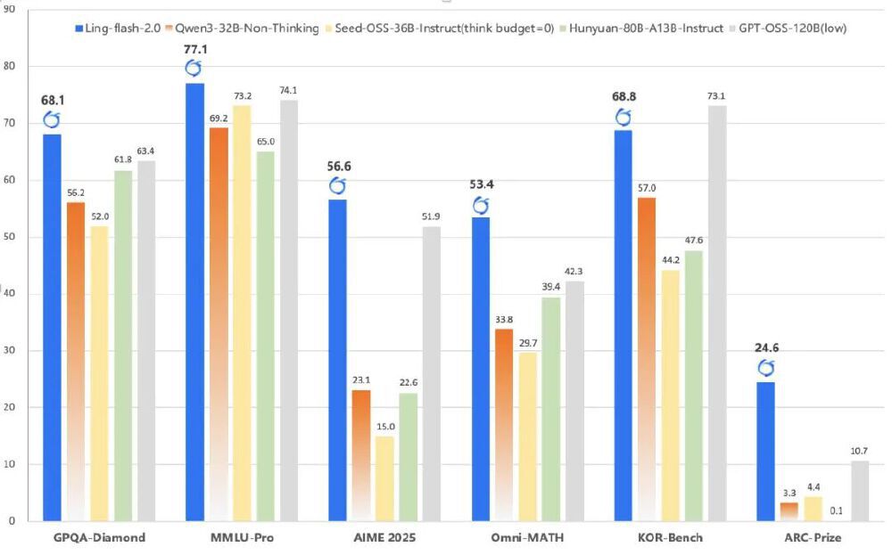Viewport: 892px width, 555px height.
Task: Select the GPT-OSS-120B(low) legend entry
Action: tap(790, 29)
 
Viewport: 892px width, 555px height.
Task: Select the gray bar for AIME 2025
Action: tap(432, 373)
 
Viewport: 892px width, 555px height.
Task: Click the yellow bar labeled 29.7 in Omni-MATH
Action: tap(528, 436)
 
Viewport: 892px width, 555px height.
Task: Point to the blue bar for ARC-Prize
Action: tap(765, 451)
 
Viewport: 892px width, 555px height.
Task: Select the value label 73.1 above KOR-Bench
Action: tap(717, 96)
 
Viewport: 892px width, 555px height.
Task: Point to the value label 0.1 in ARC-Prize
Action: tap(837, 510)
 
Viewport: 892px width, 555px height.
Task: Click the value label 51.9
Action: tap(432, 216)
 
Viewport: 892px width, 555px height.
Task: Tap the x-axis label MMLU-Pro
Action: tap(242, 537)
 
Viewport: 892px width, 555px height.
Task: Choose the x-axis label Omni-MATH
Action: tap(528, 537)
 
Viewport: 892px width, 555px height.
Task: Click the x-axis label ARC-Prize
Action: tap(813, 537)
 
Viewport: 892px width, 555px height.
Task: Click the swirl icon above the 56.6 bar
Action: tap(337, 185)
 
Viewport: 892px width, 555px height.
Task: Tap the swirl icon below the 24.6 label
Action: tap(766, 367)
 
